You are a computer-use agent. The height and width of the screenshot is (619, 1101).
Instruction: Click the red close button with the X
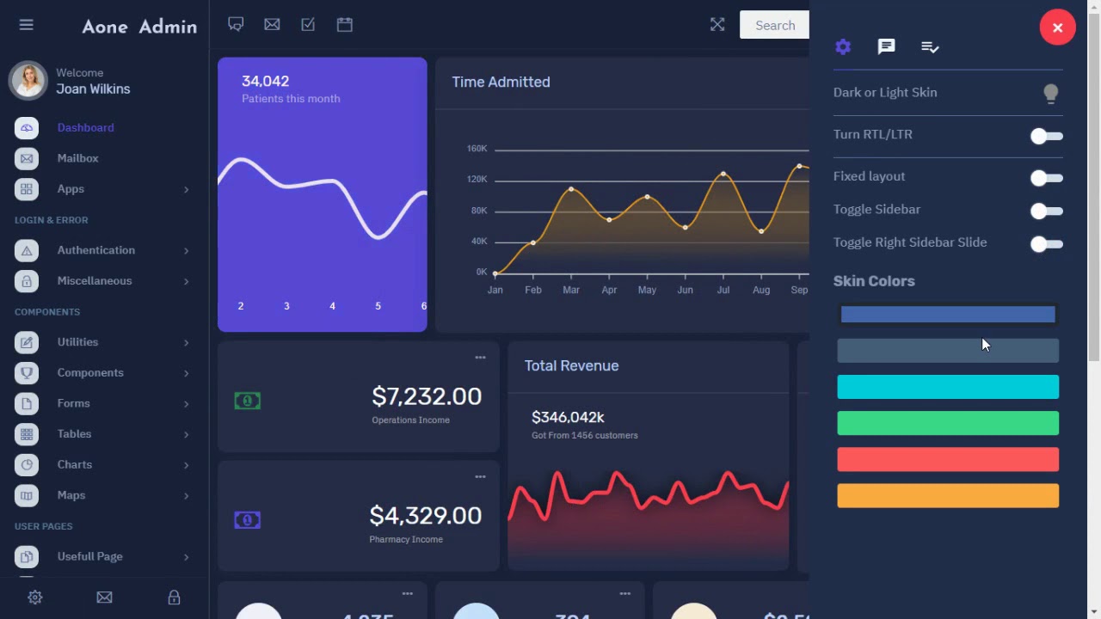(x=1057, y=28)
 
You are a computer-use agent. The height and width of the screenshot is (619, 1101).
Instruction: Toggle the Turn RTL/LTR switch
(x=1046, y=136)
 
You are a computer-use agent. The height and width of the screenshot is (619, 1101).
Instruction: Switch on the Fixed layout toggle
(x=1046, y=178)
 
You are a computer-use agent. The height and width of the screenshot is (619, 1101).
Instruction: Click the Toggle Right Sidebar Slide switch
(x=1046, y=244)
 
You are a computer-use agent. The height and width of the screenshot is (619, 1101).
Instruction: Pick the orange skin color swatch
(x=948, y=496)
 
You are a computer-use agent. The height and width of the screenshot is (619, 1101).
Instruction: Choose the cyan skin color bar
(x=948, y=387)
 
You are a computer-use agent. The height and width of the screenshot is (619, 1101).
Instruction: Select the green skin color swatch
(x=948, y=423)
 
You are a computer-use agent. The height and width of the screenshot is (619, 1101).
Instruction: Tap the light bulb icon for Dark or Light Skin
(x=1050, y=94)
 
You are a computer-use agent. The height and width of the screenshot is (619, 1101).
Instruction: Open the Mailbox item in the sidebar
(x=77, y=158)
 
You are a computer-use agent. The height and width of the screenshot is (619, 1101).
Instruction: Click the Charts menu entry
(x=74, y=464)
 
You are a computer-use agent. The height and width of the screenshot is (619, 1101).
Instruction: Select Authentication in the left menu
(x=95, y=250)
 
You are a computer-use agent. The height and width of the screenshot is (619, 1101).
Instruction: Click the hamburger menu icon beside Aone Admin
(x=26, y=25)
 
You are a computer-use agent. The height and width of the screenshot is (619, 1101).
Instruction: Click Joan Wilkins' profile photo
(x=28, y=81)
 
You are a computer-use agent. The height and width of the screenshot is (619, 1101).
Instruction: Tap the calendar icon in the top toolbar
(x=344, y=25)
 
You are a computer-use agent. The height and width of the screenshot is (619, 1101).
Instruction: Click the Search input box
(x=774, y=25)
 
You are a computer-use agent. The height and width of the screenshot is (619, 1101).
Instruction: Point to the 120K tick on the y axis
(x=477, y=180)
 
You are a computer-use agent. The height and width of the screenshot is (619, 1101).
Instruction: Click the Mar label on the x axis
(x=571, y=291)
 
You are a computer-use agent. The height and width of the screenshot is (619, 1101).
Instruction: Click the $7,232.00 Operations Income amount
(x=426, y=396)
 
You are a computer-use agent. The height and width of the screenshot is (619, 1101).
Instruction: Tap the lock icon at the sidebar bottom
(x=174, y=598)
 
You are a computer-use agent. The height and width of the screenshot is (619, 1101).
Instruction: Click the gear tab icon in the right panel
(x=843, y=47)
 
